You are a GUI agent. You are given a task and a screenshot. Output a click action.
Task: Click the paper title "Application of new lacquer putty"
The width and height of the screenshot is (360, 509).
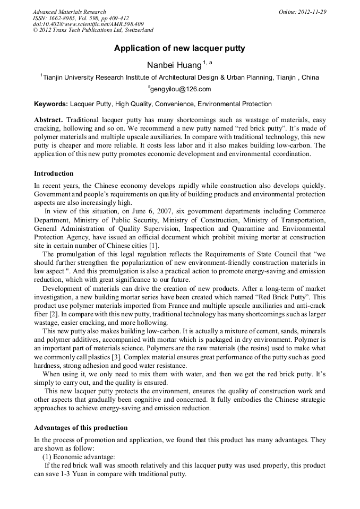point(179,48)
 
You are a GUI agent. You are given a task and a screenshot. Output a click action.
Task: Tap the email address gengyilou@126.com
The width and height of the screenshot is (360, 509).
point(181,89)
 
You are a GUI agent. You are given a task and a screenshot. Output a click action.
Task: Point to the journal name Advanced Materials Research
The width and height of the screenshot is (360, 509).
point(69,12)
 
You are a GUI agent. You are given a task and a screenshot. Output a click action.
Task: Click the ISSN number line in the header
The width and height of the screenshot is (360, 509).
point(81,18)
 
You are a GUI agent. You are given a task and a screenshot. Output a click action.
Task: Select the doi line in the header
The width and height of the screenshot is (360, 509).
point(88,24)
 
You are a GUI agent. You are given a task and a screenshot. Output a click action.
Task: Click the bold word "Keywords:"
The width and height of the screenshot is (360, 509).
point(51,104)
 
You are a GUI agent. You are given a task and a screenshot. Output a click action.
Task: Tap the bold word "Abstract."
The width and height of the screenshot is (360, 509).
point(49,120)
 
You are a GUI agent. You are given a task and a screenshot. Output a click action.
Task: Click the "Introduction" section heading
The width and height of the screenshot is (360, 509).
point(54,174)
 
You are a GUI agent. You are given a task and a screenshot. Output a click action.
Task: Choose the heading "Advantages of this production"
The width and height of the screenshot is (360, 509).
point(81,428)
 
